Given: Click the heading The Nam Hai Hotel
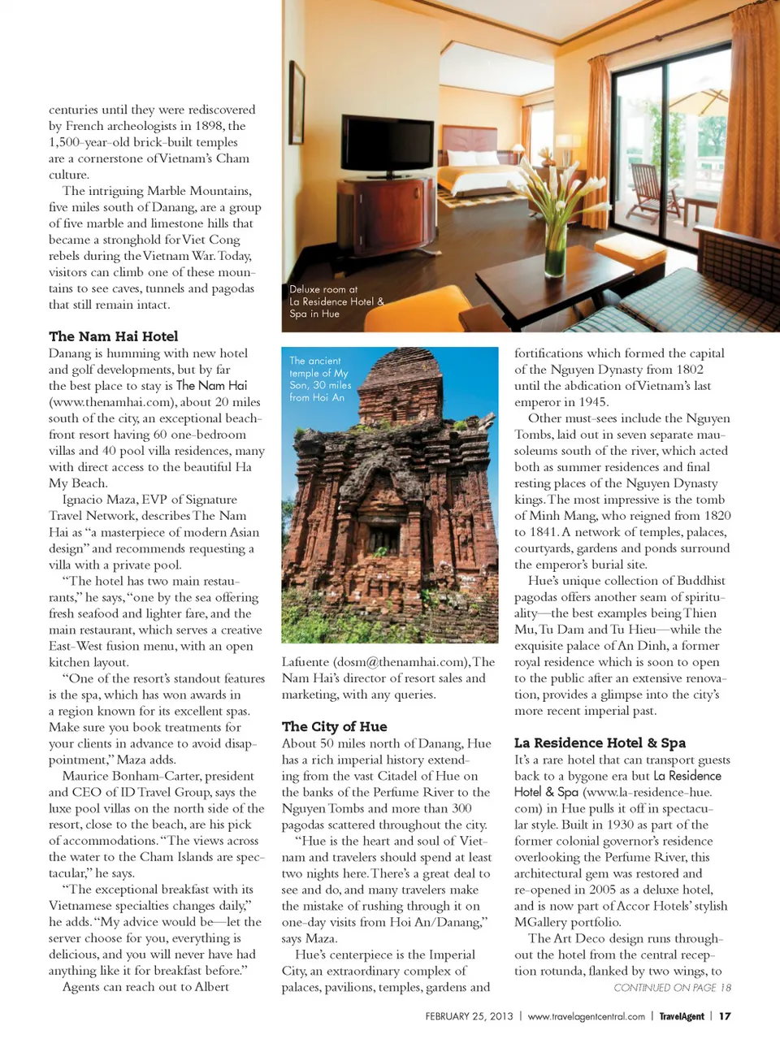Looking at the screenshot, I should click(x=113, y=336).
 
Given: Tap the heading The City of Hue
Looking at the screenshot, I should click(x=334, y=726).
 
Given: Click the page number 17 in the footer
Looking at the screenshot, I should click(x=725, y=1016).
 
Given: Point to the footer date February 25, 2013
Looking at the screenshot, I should click(x=469, y=1016).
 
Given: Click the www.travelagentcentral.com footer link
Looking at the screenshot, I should click(x=586, y=1016).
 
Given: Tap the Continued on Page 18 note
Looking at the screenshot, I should click(x=672, y=987).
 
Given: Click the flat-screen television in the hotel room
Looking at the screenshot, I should click(x=376, y=145).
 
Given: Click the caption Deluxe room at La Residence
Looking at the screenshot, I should click(x=336, y=301).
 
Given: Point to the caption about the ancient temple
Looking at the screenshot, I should click(x=320, y=379).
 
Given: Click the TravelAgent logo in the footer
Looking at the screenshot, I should click(x=681, y=1016).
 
